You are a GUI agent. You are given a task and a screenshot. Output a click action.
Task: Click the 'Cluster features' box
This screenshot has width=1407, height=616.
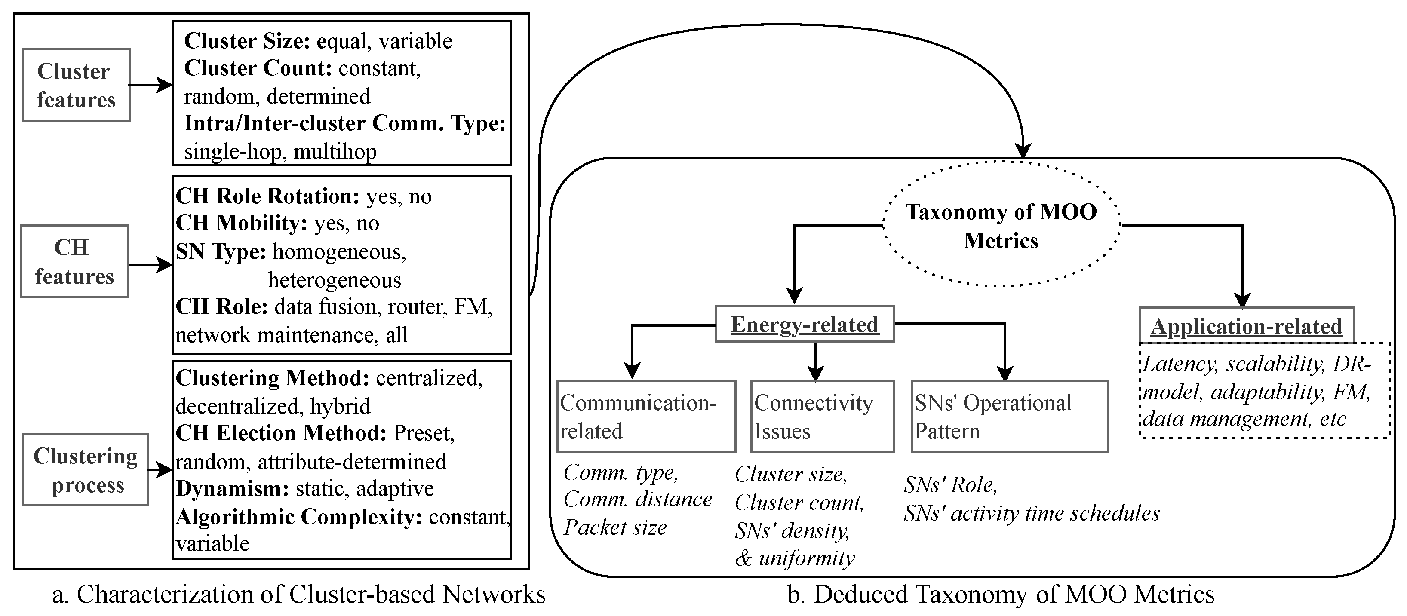pyautogui.click(x=76, y=85)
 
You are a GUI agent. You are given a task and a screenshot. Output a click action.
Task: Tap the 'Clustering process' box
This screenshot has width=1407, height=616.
pyautogui.click(x=85, y=470)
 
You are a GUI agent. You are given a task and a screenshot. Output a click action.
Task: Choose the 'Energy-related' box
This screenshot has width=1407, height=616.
pyautogui.click(x=805, y=325)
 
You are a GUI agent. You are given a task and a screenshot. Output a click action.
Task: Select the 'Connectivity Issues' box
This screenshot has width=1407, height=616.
pyautogui.click(x=822, y=417)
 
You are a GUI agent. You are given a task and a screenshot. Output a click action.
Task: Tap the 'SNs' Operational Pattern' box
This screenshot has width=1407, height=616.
pyautogui.click(x=1009, y=417)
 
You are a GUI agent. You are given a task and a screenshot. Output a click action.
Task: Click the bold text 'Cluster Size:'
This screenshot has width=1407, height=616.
pyautogui.click(x=247, y=41)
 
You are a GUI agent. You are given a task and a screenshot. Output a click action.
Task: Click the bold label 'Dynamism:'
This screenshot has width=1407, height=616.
pyautogui.click(x=232, y=488)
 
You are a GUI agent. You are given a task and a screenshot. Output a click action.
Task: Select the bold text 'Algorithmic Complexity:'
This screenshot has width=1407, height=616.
pyautogui.click(x=299, y=517)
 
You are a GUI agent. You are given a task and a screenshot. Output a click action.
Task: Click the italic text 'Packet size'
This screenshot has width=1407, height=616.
pyautogui.click(x=615, y=527)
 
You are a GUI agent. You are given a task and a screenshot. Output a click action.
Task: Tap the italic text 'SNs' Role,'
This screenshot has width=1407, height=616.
pyautogui.click(x=950, y=485)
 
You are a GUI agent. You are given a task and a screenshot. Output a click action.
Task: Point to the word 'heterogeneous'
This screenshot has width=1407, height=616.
pyautogui.click(x=334, y=280)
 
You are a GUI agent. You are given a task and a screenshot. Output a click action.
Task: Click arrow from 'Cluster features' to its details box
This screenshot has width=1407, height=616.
pyautogui.click(x=150, y=85)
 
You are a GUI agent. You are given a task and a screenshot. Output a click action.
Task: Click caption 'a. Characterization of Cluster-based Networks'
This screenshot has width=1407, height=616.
pyautogui.click(x=299, y=595)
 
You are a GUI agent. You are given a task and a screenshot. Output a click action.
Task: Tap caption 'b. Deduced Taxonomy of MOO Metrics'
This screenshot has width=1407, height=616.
pyautogui.click(x=1001, y=595)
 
